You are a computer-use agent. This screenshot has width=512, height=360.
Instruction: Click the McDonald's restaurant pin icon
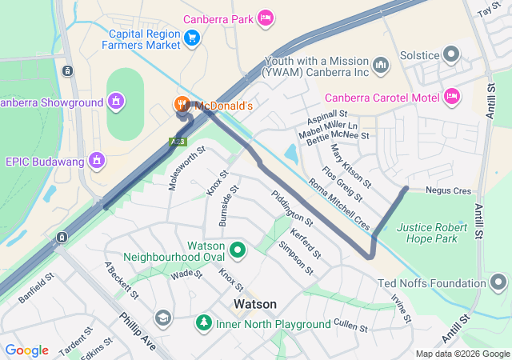coord(182,105)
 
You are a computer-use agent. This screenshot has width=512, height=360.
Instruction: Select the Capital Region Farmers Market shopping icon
coord(192,38)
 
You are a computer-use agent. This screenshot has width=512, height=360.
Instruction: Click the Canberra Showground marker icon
coord(117,102)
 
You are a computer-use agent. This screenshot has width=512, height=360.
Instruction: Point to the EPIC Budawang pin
coord(98,160)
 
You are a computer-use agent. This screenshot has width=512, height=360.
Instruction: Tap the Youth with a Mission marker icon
coord(381,63)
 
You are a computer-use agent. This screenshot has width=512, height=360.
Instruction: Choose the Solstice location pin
coord(452,54)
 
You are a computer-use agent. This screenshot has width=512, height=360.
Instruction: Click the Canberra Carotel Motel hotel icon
coord(452,97)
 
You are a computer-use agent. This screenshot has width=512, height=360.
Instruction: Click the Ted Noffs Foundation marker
coord(499,282)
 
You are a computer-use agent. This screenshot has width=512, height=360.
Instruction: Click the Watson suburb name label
coord(255,305)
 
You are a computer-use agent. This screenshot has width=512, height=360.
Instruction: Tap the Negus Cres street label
coord(449,190)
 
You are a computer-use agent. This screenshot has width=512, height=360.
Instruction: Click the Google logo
coord(27,350)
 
